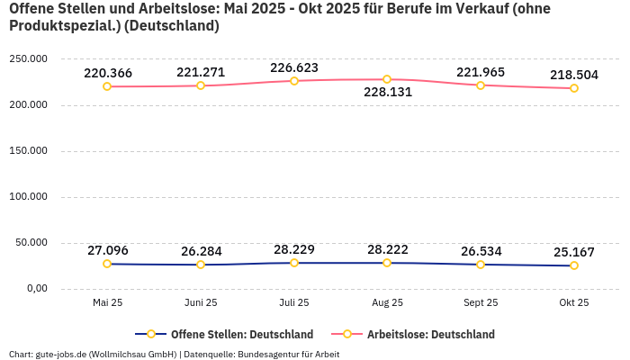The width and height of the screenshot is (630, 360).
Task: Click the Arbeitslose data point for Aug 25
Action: (x=387, y=79)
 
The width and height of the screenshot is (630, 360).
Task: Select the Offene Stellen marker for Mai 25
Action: (x=107, y=264)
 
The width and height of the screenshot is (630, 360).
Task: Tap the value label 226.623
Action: (x=294, y=67)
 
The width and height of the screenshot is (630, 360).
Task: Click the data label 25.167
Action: (x=573, y=251)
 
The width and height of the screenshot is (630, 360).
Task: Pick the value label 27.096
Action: (x=107, y=250)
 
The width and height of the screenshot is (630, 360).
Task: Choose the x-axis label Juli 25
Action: (x=294, y=302)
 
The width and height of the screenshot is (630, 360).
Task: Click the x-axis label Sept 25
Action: (x=481, y=302)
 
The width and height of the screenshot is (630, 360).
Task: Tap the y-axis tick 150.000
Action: (x=28, y=151)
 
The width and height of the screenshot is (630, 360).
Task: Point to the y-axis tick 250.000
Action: (x=28, y=58)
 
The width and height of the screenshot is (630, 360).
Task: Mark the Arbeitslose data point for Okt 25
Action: (x=574, y=88)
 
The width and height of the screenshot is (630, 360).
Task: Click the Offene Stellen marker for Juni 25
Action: (x=201, y=265)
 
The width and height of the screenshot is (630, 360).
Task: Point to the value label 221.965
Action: (x=481, y=72)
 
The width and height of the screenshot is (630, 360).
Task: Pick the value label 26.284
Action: (x=201, y=251)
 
